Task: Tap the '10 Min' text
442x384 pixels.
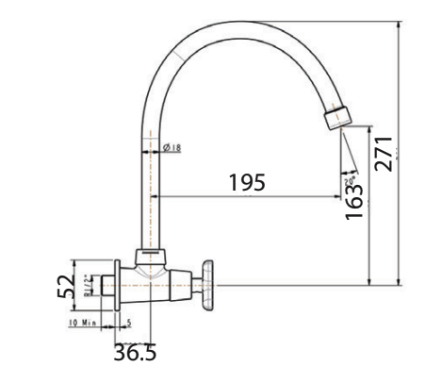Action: click(83, 323)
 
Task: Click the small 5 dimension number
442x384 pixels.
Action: click(129, 323)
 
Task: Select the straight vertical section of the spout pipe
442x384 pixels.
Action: click(148, 189)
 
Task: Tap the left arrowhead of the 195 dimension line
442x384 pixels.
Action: click(157, 196)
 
